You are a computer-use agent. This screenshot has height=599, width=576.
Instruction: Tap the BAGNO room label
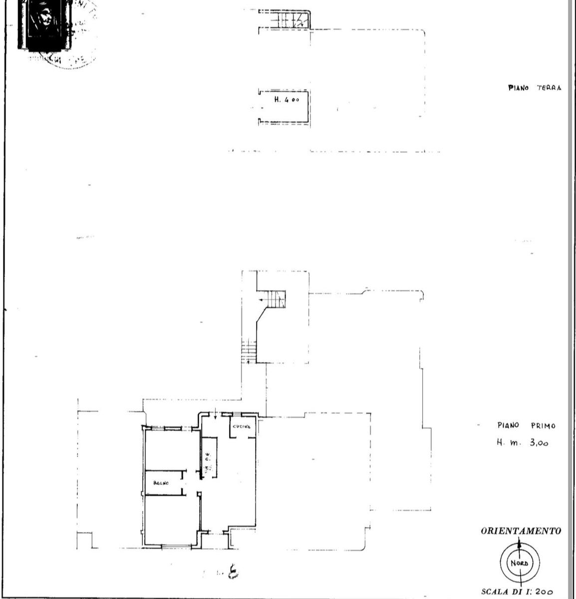[161, 483]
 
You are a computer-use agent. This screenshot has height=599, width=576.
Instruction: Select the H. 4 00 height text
[287, 100]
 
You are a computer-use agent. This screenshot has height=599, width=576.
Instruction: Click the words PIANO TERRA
[535, 88]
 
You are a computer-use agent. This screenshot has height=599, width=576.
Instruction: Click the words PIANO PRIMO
[526, 426]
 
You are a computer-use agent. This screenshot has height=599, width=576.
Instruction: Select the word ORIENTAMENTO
[521, 531]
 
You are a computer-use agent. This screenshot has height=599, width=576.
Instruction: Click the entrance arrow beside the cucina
[215, 413]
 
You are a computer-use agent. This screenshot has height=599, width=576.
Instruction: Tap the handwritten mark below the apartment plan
[232, 572]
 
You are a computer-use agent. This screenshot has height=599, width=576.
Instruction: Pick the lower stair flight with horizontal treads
[249, 350]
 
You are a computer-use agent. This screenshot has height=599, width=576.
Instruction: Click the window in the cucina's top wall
[246, 414]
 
